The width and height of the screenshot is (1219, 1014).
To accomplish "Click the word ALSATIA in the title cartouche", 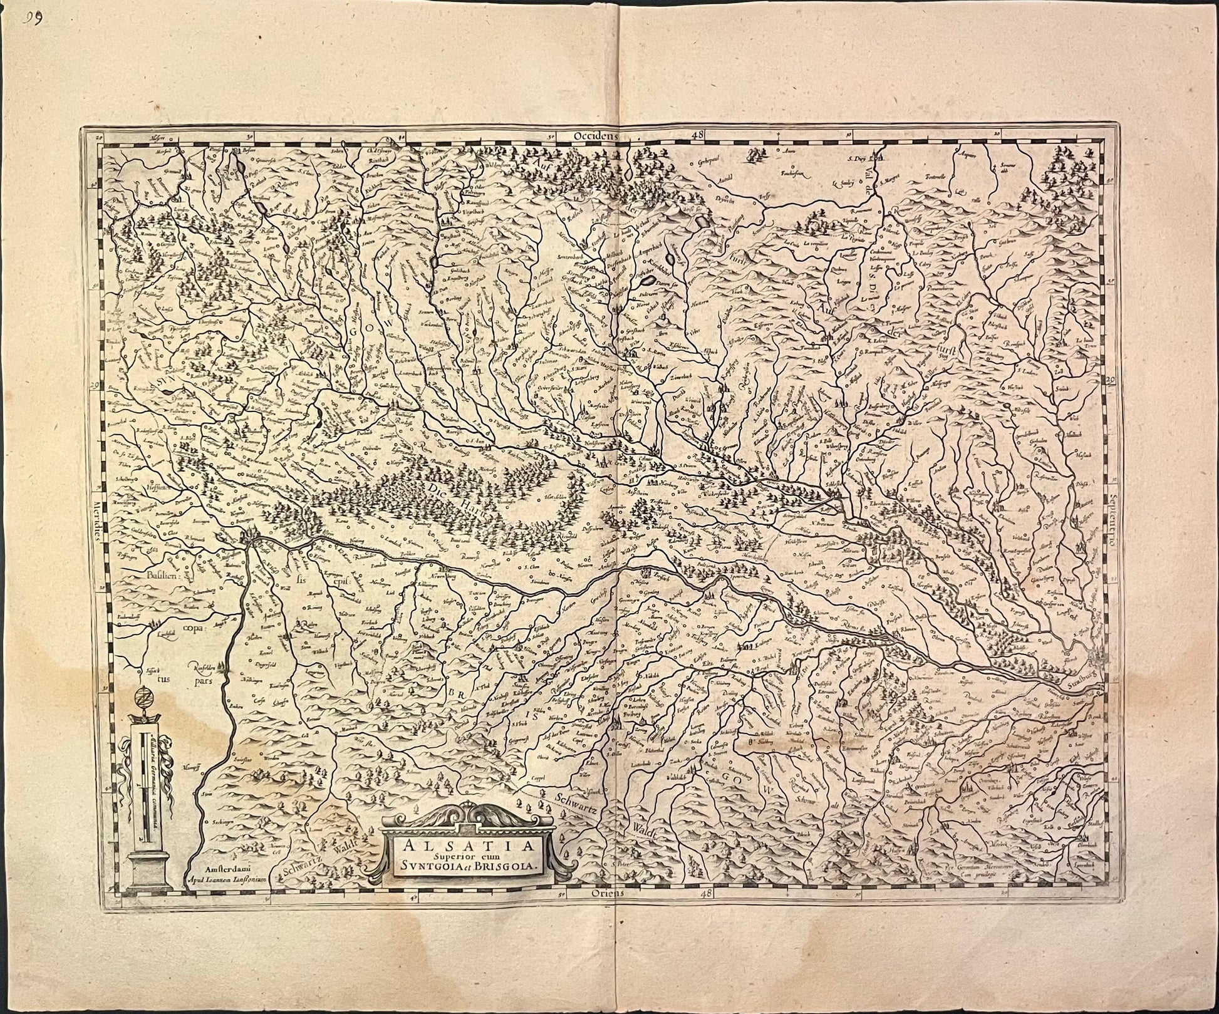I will [x=467, y=847].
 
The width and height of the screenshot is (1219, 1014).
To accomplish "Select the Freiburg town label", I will [x=628, y=711].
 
